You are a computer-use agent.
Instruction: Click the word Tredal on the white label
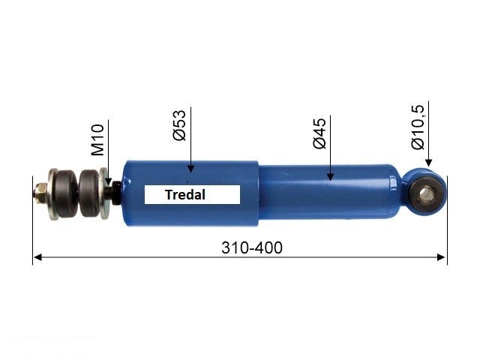point(185,195)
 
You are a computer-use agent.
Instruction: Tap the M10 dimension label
point(98,139)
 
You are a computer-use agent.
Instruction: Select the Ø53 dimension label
point(179,125)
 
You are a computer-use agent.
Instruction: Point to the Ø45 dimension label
point(319,133)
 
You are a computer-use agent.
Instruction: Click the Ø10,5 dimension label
point(418,127)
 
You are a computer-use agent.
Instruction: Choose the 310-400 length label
point(252,247)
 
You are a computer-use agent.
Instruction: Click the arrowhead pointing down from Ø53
point(190,168)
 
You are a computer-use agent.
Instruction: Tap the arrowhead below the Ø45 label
point(330,176)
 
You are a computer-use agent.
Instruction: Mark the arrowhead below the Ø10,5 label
point(428,163)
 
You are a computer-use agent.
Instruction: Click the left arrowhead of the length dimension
point(37,257)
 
